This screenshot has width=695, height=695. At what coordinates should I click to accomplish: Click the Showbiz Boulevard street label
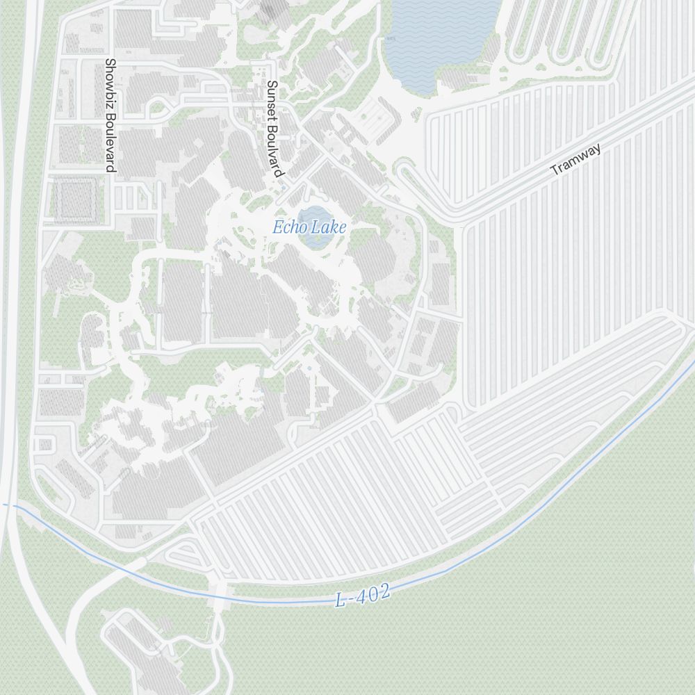pos(109,115)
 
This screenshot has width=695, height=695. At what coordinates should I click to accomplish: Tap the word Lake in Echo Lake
pos(329,227)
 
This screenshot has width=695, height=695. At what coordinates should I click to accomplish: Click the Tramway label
pos(575,160)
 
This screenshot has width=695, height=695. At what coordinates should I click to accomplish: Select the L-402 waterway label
pos(362,596)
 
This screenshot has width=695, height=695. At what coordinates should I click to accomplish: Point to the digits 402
pos(373,594)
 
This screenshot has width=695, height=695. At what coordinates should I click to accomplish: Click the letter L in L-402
pos(341,599)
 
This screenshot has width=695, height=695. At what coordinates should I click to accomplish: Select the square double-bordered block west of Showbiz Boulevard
pos(74,199)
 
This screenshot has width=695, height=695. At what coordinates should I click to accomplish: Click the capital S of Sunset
pos(272,85)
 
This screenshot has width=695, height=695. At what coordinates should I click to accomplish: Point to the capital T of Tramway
pos(555,170)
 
